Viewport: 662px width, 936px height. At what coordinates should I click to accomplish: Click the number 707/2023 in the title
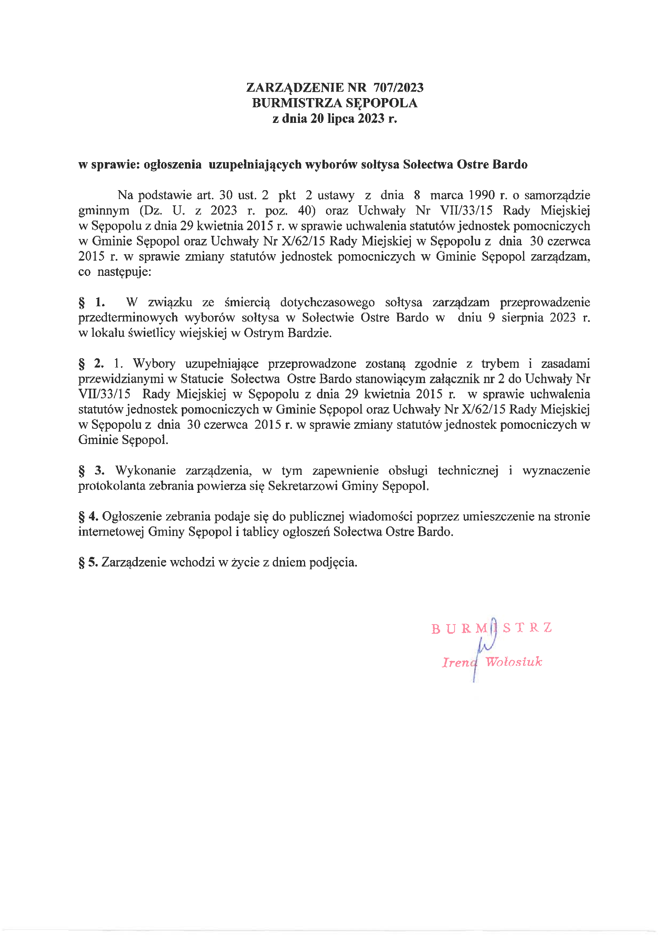click(x=398, y=88)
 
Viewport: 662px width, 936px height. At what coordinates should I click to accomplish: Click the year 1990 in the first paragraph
click(x=481, y=195)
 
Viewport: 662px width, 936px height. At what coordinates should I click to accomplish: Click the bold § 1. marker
click(x=91, y=302)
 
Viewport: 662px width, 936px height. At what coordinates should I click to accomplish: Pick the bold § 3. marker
click(x=91, y=470)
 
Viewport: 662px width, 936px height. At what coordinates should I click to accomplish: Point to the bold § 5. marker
click(x=88, y=562)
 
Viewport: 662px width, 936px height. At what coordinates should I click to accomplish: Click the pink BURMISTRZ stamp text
click(x=491, y=628)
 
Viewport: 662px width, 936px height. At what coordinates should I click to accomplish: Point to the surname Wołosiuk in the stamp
click(x=513, y=661)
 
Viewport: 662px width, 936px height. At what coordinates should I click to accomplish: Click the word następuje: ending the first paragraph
click(x=124, y=272)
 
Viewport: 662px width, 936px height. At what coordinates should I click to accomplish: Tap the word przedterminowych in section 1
click(x=128, y=317)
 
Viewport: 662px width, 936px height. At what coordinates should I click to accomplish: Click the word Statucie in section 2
click(x=202, y=379)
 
